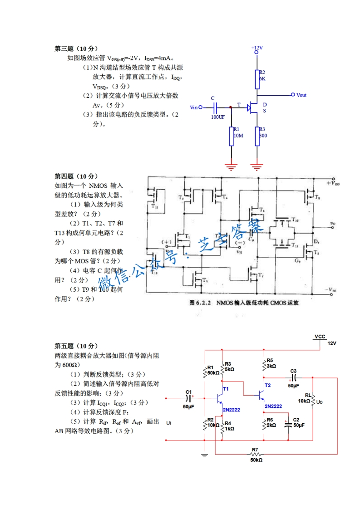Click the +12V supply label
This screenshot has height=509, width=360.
coord(256,48)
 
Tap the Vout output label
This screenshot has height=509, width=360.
coord(301,95)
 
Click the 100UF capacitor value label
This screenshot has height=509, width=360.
coord(217,117)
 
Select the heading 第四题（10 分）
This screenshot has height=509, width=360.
coord(76,176)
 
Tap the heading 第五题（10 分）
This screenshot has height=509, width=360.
coord(76,346)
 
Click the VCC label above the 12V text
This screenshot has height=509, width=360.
coord(320,337)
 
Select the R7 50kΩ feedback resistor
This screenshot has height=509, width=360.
coord(256,454)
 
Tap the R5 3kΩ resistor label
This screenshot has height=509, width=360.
coord(271,363)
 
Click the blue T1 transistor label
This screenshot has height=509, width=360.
coord(226,389)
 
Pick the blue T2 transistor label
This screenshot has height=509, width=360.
coord(267,385)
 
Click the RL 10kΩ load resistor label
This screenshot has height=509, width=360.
coord(304,398)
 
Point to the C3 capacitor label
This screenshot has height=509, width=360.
coord(293,371)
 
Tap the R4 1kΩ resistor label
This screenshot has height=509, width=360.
coord(228,426)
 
